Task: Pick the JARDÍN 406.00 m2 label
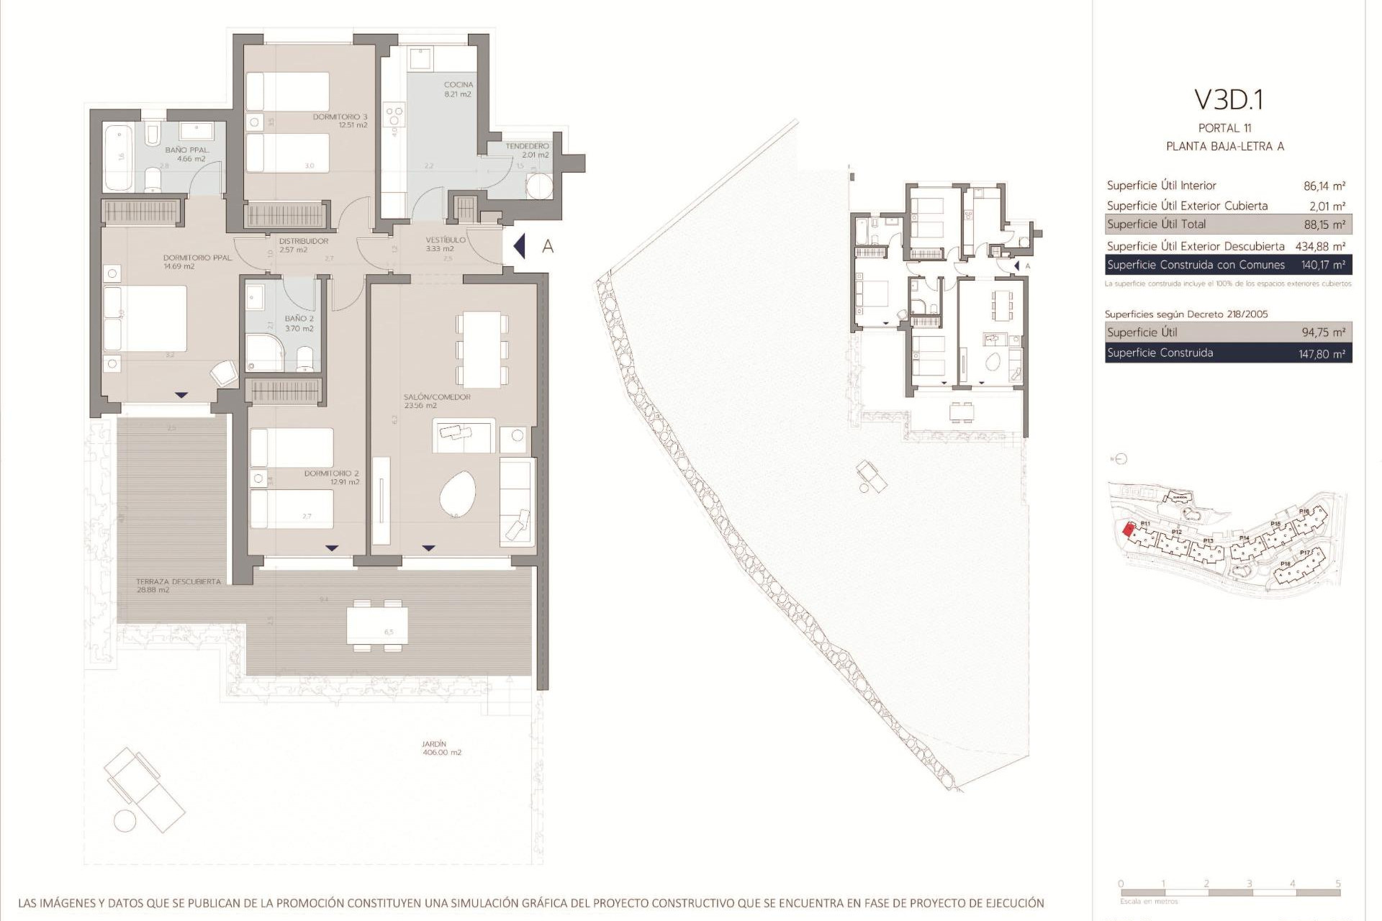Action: [441, 748]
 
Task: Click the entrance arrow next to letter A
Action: [520, 246]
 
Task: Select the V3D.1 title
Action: [1228, 100]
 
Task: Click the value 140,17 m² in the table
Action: [1324, 265]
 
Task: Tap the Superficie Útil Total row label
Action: [1156, 224]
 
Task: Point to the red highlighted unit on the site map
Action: [1129, 530]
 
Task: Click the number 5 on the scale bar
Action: [1337, 884]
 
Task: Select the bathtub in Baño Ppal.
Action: [118, 158]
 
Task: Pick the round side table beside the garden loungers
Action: [125, 820]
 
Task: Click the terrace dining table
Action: [377, 625]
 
